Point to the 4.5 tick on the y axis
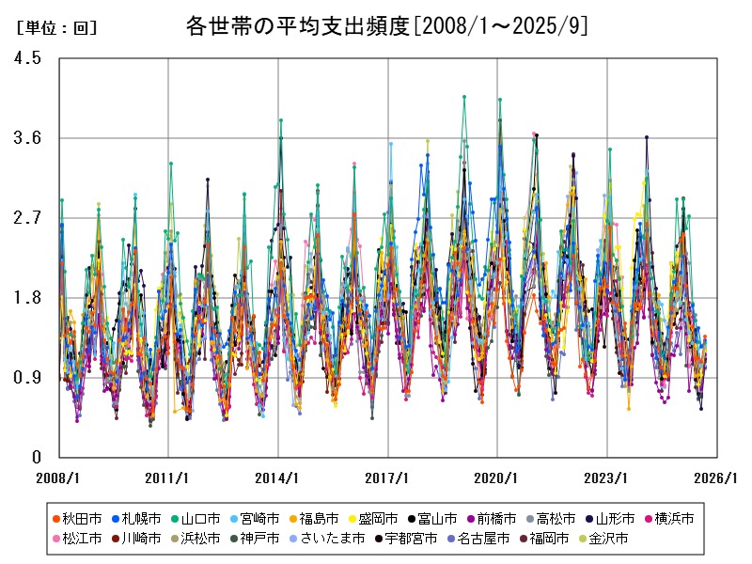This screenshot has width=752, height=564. [28, 58]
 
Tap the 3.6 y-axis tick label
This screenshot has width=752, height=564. [28, 138]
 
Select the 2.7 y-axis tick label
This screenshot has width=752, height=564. [28, 218]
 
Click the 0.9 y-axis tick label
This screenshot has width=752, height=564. [28, 378]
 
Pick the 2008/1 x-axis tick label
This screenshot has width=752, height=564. [58, 478]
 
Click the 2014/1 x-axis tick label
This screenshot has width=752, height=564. [278, 478]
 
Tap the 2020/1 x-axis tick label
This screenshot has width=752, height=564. [497, 478]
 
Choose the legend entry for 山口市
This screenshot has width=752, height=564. [201, 518]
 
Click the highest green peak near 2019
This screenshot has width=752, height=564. [464, 96]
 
